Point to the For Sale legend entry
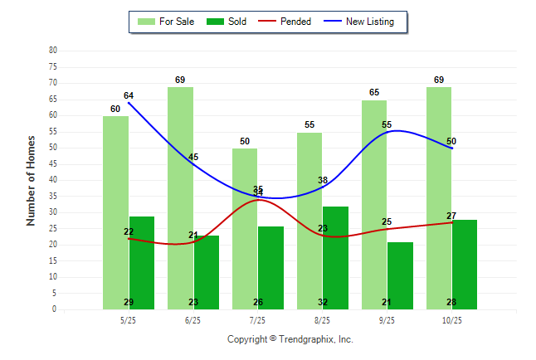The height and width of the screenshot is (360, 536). [x=166, y=22]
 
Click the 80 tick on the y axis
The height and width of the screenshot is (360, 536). [x=53, y=51]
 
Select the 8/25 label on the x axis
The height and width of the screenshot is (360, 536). [x=322, y=320]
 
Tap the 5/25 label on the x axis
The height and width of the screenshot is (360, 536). [x=129, y=320]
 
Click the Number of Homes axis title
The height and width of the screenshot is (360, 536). [x=32, y=180]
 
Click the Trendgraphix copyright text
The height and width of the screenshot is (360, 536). [x=290, y=339]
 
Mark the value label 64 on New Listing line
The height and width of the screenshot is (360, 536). [x=129, y=96]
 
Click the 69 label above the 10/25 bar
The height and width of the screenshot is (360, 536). [x=439, y=80]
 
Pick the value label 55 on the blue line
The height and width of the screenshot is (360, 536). [x=387, y=125]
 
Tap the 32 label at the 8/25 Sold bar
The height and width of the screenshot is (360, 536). [x=322, y=302]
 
